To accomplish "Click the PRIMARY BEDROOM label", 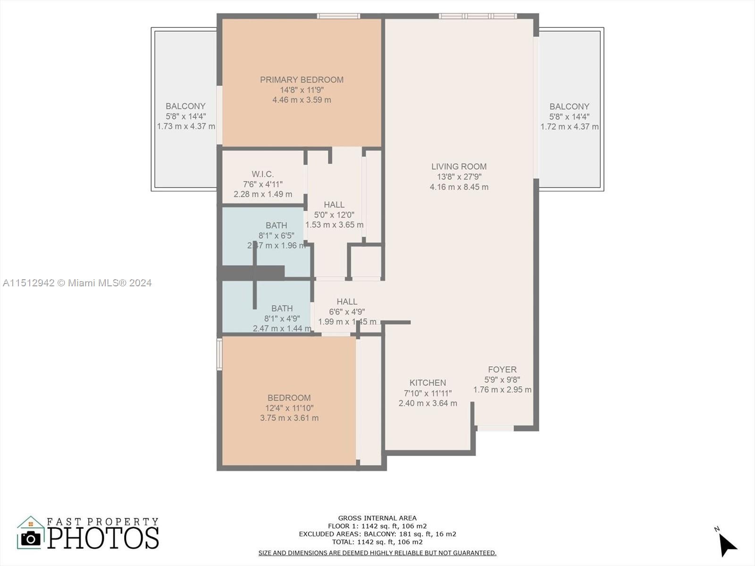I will click(x=302, y=80).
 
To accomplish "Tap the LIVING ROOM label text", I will click(x=459, y=166).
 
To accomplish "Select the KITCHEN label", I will click(x=428, y=383).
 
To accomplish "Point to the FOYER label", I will click(x=502, y=369).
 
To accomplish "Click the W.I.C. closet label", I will click(x=262, y=174).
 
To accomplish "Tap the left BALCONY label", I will click(x=185, y=106).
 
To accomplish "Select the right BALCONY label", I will click(x=569, y=107).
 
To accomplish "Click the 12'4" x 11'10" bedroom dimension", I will click(x=289, y=408).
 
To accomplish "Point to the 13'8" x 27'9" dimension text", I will click(x=459, y=177).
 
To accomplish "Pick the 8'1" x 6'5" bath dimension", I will click(x=276, y=235).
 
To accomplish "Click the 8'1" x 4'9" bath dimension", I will click(x=282, y=318).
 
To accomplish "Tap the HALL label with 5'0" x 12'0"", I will click(x=334, y=205).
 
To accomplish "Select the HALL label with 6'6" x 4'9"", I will click(x=347, y=301).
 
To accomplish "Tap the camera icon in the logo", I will click(x=31, y=538).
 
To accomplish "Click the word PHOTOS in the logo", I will click(x=103, y=538).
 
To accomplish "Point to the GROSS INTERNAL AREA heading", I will click(x=377, y=518).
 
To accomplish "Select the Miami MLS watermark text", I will click(x=77, y=283).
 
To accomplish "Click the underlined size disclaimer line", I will click(x=377, y=553).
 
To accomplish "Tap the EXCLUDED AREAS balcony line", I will click(x=377, y=534).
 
